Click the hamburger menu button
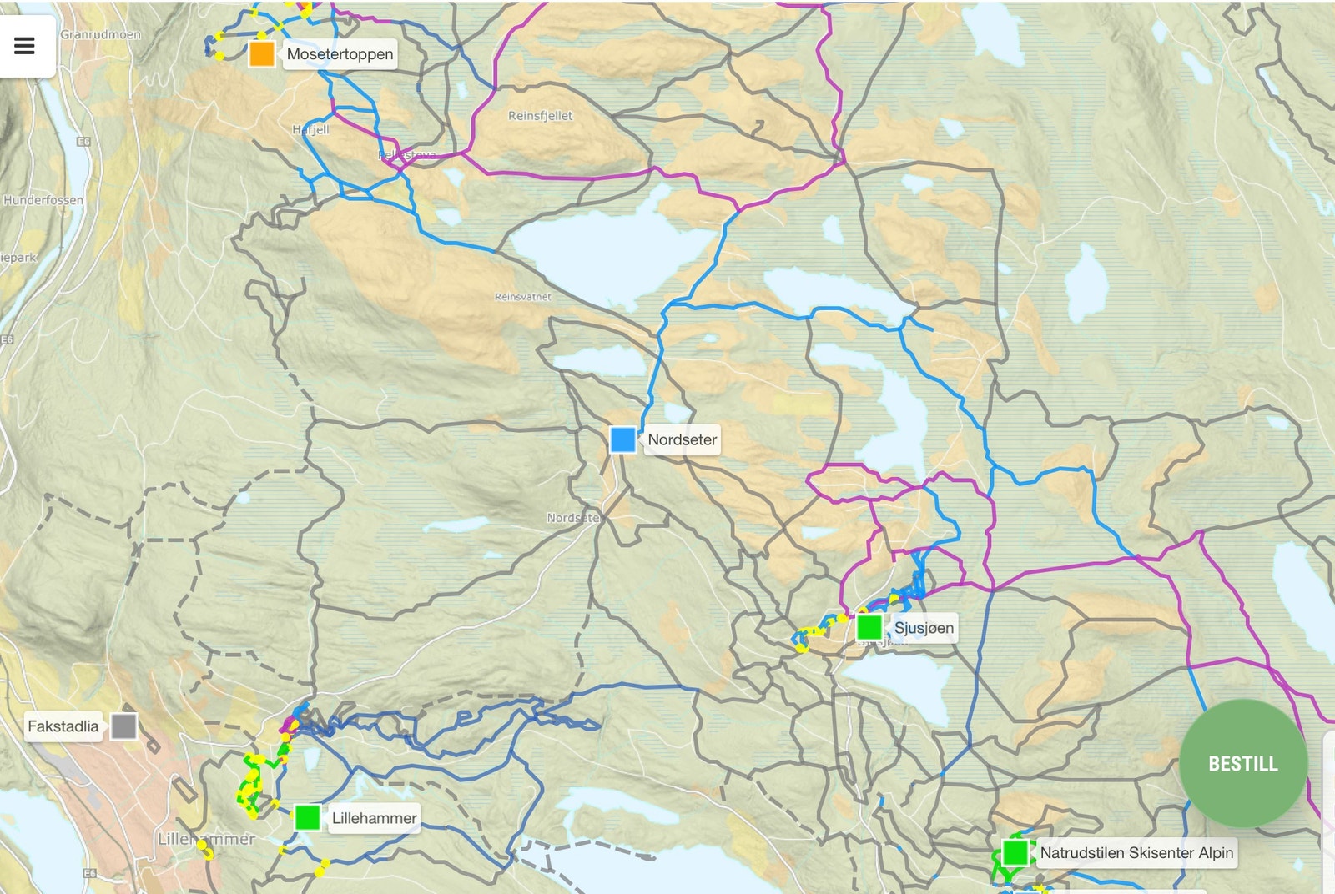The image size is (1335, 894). click(x=25, y=46)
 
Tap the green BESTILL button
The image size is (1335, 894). click(x=1242, y=763)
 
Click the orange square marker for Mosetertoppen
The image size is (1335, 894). click(x=262, y=54)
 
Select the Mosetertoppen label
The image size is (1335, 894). click(x=340, y=54)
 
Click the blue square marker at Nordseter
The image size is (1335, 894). click(x=622, y=439)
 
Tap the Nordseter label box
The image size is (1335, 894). click(x=682, y=439)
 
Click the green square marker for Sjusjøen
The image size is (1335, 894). click(x=869, y=627)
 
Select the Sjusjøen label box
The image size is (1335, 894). click(x=924, y=628)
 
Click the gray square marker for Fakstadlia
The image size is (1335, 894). click(x=124, y=726)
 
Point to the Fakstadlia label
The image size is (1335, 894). click(x=63, y=726)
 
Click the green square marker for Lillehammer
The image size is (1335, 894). click(x=308, y=817)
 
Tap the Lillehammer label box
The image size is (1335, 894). click(x=374, y=818)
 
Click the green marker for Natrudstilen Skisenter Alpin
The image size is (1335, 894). click(x=1015, y=853)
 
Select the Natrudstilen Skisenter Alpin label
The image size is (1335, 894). click(x=1136, y=852)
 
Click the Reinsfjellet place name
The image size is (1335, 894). click(x=540, y=116)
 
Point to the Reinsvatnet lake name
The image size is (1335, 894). click(x=522, y=297)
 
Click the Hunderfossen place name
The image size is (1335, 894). click(x=43, y=200)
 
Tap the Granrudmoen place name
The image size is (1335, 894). click(x=100, y=35)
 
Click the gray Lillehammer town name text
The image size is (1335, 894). click(x=207, y=839)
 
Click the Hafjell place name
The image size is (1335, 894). click(x=310, y=130)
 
